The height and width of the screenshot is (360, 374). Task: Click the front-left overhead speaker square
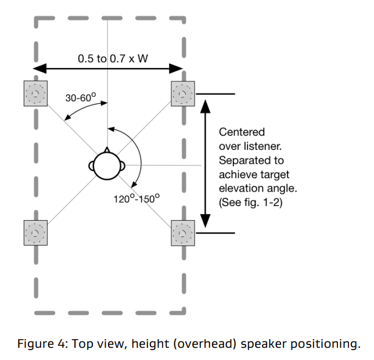(x=35, y=93)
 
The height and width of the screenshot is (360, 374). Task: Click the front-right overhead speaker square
(x=184, y=93)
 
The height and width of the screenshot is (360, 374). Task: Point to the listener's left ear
(x=92, y=165)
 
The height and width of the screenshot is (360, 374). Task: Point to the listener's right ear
(x=123, y=165)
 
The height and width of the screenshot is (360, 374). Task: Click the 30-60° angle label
(x=79, y=98)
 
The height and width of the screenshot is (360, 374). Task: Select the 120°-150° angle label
(x=136, y=198)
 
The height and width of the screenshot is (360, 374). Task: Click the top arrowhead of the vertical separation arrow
(x=205, y=103)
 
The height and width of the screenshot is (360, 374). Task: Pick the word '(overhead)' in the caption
(x=221, y=344)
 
